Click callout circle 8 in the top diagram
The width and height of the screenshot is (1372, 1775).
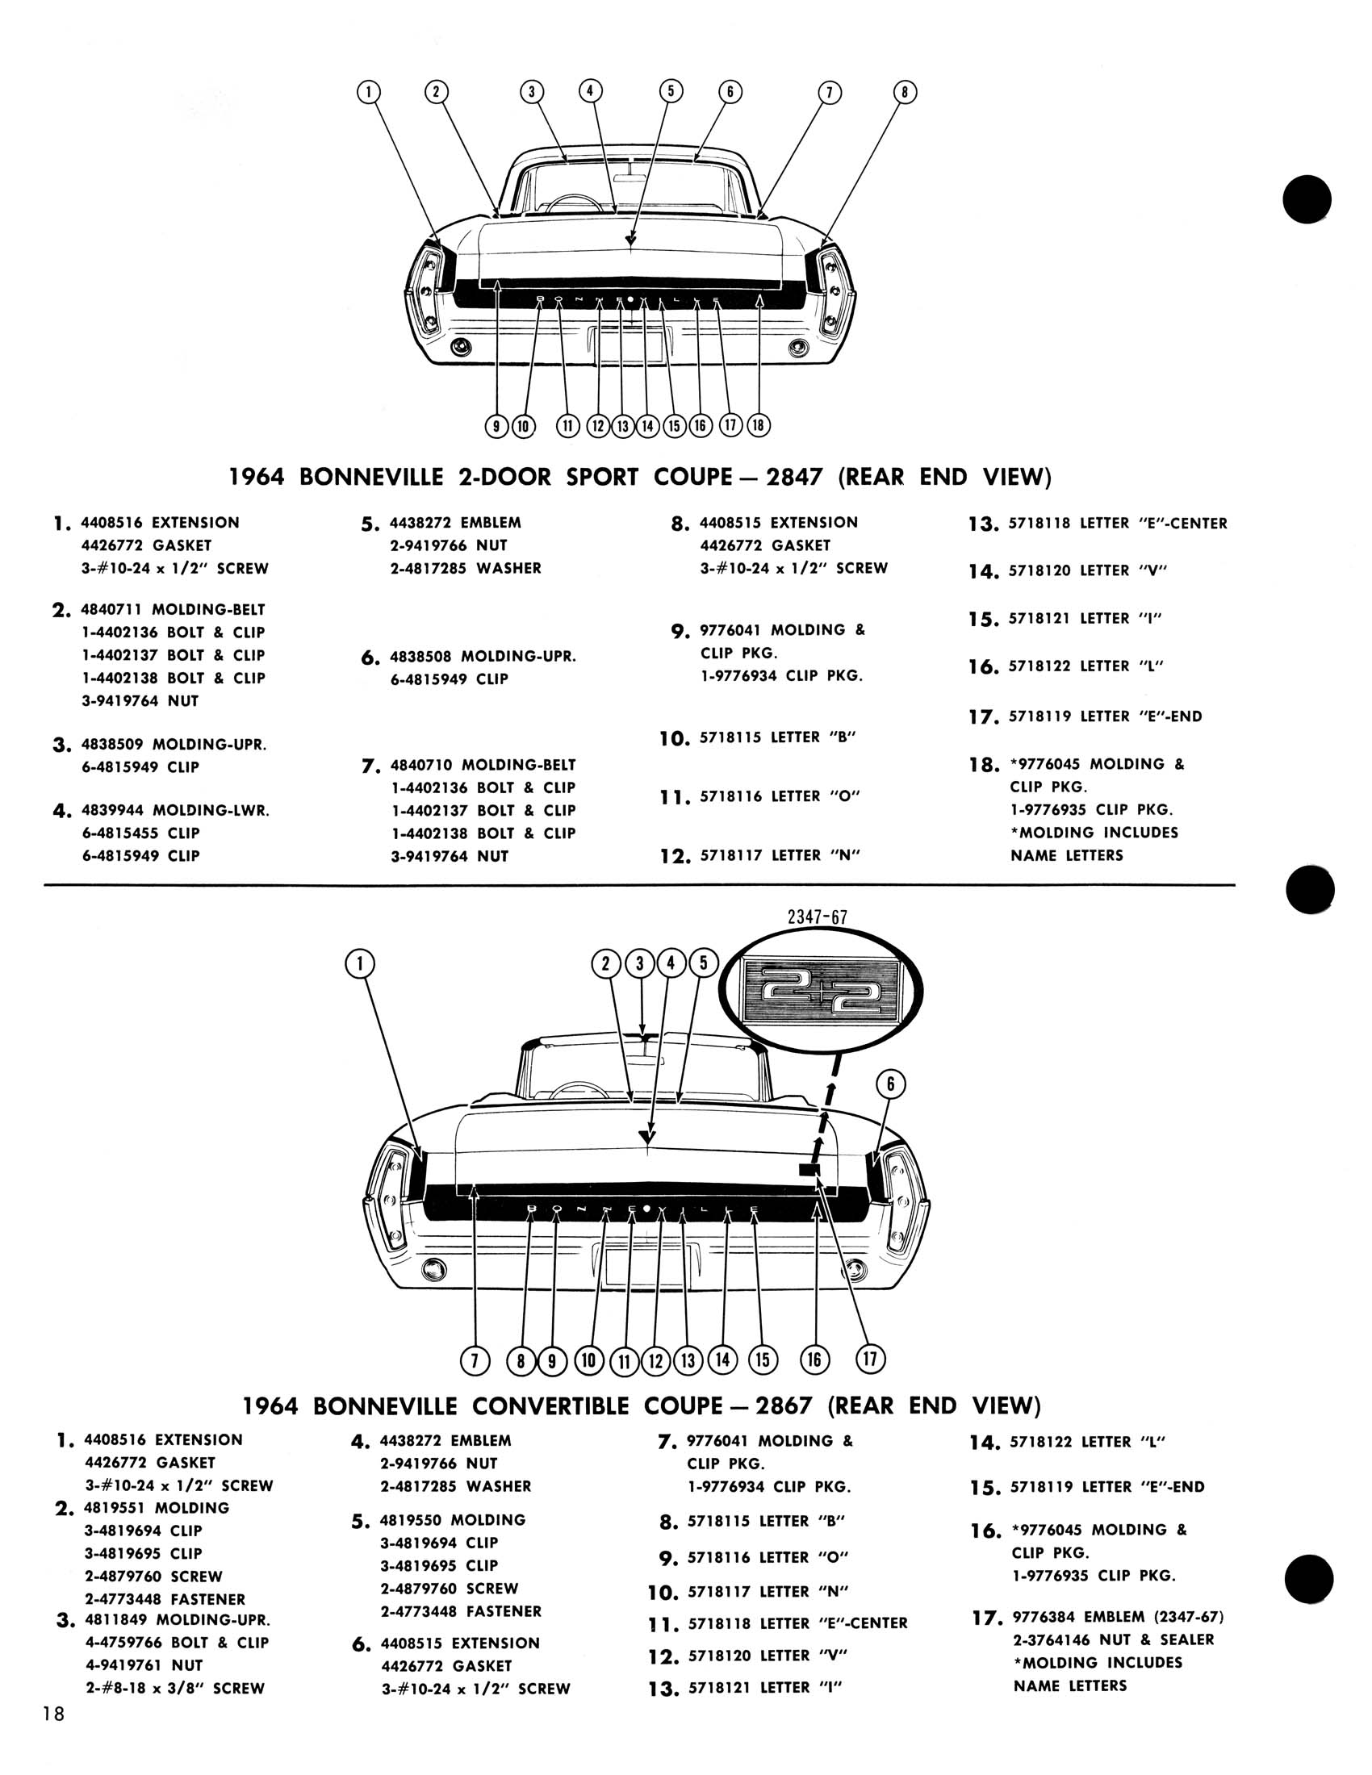pos(904,92)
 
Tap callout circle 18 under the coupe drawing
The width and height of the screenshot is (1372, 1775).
pos(759,425)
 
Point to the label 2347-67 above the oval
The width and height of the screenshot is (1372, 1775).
pos(818,917)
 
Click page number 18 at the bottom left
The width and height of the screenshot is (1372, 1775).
pos(53,1737)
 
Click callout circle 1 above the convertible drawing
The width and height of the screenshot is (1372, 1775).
pos(359,964)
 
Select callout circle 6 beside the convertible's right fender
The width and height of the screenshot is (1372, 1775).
pos(891,1084)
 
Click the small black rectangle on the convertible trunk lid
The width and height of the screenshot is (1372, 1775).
pos(809,1169)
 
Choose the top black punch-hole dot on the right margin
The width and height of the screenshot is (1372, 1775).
pos(1307,199)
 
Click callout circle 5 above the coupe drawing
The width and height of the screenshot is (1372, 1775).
pos(671,91)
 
